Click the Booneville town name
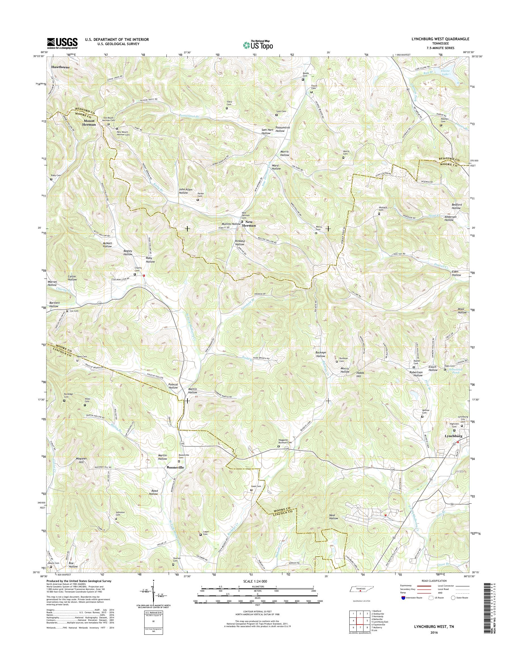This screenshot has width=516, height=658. [175, 467]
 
